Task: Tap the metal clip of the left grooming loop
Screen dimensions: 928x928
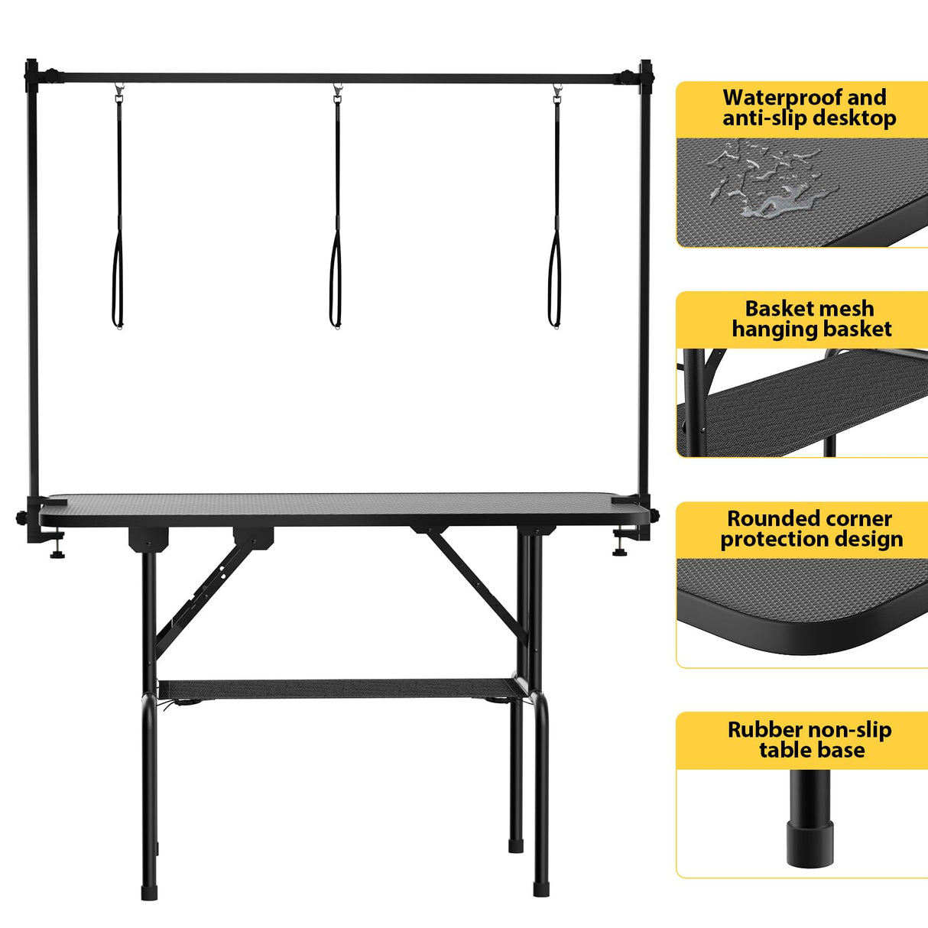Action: point(119,94)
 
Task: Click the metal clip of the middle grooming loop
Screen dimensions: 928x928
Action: point(337,94)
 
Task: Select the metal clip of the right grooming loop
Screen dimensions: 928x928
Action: point(556,94)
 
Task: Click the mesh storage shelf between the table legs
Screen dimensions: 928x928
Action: point(336,690)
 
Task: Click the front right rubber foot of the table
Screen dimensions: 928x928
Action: point(541,889)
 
